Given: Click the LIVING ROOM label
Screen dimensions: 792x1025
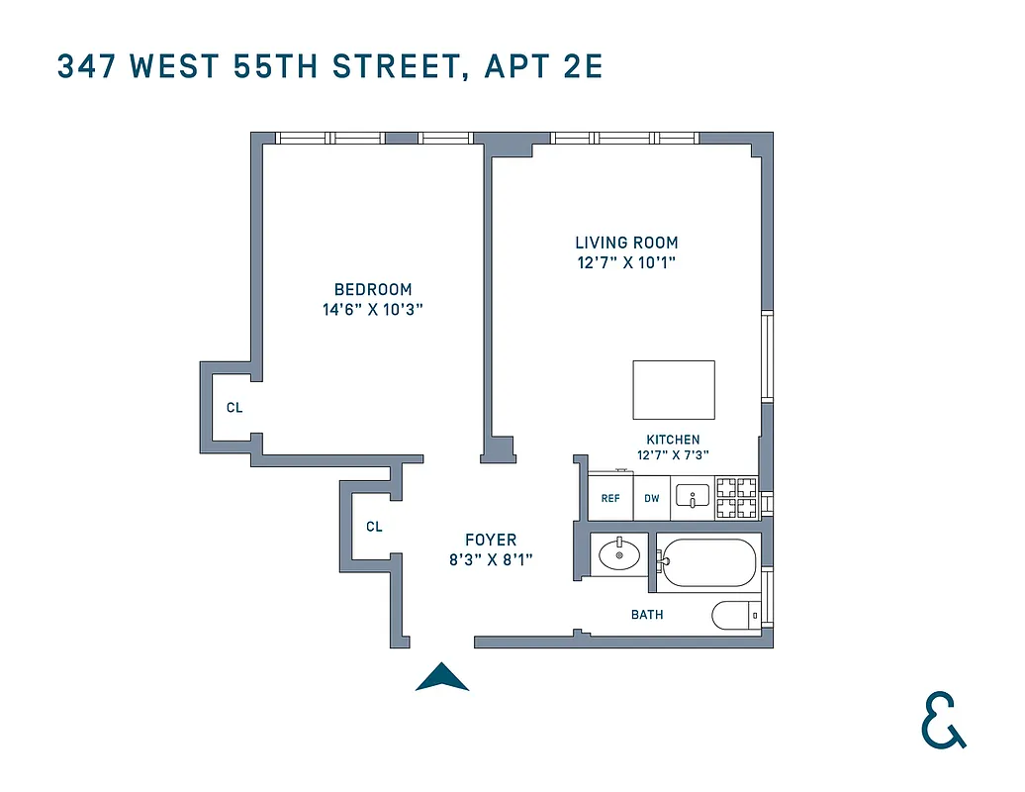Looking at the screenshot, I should (626, 243).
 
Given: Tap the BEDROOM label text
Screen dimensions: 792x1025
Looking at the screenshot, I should (373, 289).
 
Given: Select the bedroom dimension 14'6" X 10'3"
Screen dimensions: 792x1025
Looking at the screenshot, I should (373, 309).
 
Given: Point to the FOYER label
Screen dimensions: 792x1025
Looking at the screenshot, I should (491, 540).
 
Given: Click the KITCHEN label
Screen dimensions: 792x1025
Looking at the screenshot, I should (673, 440).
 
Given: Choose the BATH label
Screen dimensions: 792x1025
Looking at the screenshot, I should (647, 615).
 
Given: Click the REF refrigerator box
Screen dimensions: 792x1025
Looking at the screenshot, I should (610, 498).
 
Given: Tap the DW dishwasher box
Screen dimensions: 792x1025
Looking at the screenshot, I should (652, 498).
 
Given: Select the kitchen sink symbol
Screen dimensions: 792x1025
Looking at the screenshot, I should (692, 497).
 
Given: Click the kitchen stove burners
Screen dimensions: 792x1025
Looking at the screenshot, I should (736, 498).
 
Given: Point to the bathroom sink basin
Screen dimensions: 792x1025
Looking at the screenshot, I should (619, 554).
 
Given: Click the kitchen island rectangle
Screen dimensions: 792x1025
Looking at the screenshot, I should (674, 390).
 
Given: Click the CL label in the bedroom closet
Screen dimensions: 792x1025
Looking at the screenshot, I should (234, 407).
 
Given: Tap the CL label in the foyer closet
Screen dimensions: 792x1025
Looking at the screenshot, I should (374, 527).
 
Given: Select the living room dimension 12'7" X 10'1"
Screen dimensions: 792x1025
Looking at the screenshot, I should (626, 262).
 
